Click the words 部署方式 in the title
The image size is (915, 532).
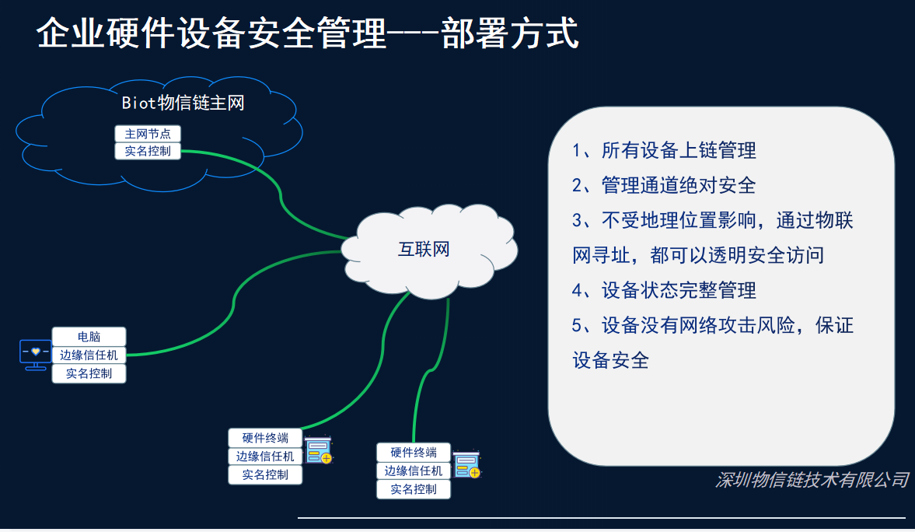510,33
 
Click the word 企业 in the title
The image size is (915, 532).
71,33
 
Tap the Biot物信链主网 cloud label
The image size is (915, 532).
183,103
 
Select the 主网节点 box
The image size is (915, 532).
148,134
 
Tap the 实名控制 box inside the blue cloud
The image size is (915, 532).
148,151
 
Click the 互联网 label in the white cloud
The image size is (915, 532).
424,250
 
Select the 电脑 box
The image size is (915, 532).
89,336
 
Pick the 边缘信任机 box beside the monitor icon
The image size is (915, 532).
89,355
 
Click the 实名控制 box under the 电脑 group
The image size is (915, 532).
89,374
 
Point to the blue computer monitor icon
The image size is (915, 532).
35,354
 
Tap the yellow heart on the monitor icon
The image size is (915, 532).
36,352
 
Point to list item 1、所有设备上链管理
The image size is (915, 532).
663,151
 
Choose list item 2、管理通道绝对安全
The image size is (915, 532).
663,186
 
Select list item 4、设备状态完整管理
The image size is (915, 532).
663,290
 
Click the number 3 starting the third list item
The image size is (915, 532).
577,221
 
